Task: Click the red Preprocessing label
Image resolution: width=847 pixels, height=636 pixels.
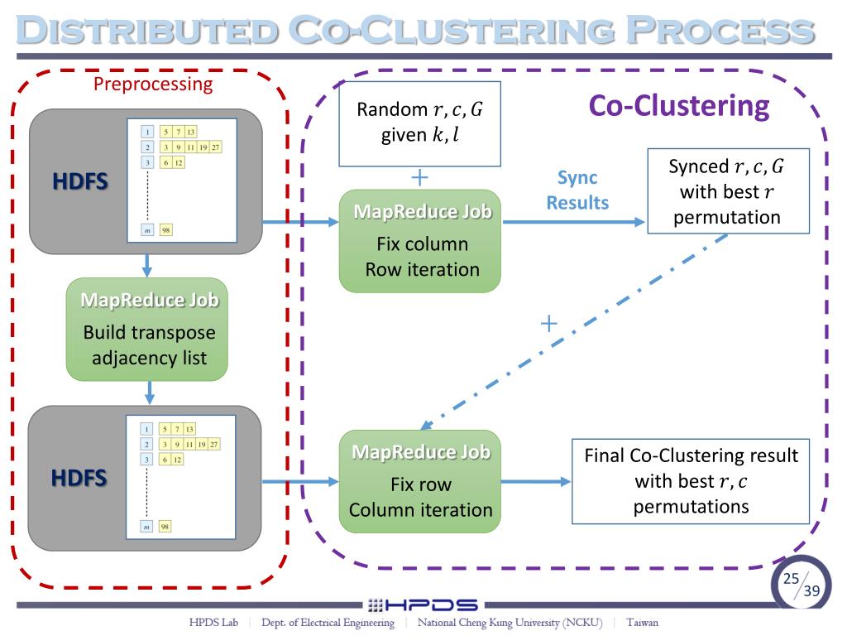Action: [153, 84]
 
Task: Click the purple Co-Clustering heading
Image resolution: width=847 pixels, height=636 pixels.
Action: [678, 106]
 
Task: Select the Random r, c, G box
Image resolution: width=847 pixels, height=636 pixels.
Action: [419, 123]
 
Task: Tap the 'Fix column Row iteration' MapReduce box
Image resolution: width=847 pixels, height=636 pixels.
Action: [420, 241]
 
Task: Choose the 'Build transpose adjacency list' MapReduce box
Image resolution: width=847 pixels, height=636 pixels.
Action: [146, 330]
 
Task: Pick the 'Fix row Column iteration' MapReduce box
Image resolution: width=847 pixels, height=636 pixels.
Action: [420, 481]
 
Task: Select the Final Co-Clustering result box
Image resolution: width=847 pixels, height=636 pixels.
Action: [691, 481]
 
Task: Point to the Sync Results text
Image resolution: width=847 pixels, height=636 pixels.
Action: [577, 190]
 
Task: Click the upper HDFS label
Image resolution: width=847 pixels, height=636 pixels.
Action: [80, 181]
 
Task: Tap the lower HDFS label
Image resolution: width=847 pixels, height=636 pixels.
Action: [79, 478]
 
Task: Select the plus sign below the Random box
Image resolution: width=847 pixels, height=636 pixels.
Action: [420, 177]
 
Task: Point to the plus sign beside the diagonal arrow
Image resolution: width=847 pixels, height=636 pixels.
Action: [548, 322]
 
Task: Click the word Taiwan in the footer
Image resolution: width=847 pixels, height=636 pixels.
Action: [642, 623]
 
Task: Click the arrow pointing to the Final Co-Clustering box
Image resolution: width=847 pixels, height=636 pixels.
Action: [536, 481]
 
